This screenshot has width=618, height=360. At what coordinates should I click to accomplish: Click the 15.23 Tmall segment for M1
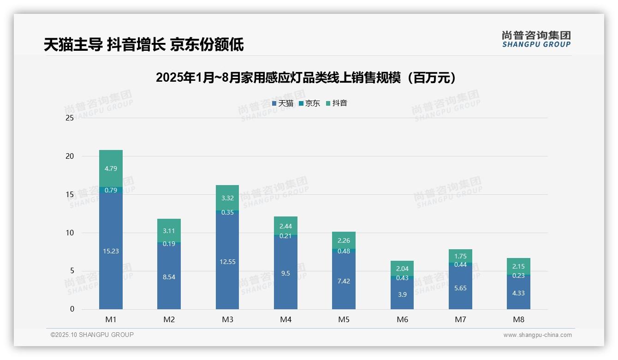coord(111,251)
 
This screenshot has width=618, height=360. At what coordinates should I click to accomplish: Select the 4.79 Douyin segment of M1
coord(111,168)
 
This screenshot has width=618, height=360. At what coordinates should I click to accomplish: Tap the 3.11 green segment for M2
coord(169,230)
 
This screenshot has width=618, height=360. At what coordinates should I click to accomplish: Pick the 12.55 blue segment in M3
coord(227,262)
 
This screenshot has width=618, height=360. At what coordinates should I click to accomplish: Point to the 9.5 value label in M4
coord(285,273)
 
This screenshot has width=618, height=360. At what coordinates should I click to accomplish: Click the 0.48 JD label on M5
coord(344,251)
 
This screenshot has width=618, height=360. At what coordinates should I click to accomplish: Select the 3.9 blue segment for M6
coord(402,294)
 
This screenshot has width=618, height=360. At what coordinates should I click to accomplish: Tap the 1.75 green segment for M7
coord(460,256)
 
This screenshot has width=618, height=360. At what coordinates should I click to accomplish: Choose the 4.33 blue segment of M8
coord(518,293)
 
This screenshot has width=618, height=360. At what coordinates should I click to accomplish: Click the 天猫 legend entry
coord(283,103)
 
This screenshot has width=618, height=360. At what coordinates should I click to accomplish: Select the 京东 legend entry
coord(309,103)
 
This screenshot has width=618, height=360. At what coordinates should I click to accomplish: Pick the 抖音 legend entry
coord(337,103)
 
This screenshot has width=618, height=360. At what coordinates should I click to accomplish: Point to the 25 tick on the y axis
coord(70,118)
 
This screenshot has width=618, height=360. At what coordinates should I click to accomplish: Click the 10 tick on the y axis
coord(70,233)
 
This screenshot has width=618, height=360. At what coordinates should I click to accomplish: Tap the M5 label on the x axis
coord(344,319)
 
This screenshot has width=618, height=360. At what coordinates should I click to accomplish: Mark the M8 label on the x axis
coord(518,319)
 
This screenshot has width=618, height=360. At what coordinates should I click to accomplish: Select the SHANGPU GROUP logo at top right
coord(536,39)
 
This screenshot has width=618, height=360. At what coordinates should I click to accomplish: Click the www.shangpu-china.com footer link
coord(537,335)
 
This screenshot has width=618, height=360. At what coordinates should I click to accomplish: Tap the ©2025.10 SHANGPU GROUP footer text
coord(92,335)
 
